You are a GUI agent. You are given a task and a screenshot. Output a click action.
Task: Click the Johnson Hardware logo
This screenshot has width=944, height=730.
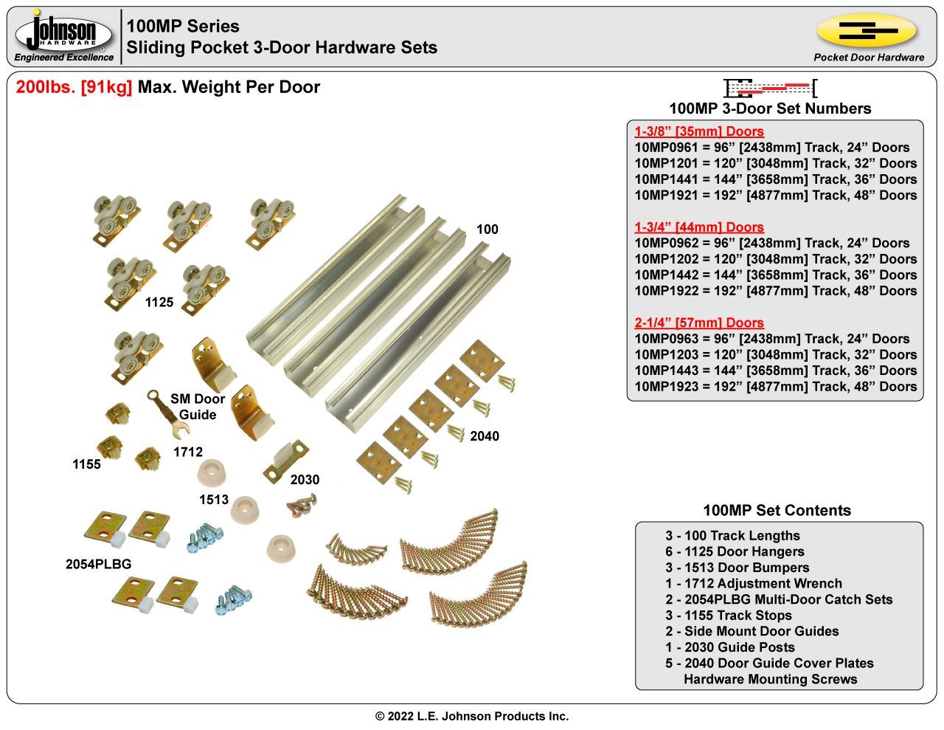click(x=64, y=35)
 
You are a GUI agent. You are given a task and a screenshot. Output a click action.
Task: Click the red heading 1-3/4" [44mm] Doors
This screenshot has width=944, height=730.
click(x=698, y=227)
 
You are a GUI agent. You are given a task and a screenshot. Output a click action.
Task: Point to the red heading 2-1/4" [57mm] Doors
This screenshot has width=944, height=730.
click(x=698, y=323)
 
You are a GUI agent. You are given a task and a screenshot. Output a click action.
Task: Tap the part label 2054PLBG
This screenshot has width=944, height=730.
click(x=98, y=564)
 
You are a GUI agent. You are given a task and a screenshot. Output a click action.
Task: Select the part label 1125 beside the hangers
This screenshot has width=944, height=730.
click(x=159, y=302)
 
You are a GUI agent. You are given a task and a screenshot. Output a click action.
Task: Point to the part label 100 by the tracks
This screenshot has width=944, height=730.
click(x=487, y=230)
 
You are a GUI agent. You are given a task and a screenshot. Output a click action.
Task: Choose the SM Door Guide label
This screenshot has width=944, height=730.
click(x=198, y=407)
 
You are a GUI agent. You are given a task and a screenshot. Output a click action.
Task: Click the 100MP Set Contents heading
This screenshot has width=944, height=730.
click(x=777, y=510)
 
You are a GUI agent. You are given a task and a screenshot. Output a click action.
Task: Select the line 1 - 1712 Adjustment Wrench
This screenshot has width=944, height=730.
click(x=753, y=583)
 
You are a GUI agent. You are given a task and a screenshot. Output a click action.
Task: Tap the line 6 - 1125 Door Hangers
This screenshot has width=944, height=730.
click(x=734, y=551)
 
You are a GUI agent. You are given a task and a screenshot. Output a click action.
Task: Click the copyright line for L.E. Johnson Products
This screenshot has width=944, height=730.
click(x=472, y=716)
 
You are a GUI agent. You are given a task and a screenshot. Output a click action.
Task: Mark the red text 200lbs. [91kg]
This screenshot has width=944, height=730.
click(x=74, y=87)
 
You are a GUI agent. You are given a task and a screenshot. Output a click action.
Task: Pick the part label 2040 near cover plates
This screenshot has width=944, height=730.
click(x=485, y=436)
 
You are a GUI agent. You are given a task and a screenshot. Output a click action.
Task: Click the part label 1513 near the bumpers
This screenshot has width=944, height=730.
click(x=214, y=500)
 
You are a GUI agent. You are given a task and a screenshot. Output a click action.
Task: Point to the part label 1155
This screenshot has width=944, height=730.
click(x=86, y=464)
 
